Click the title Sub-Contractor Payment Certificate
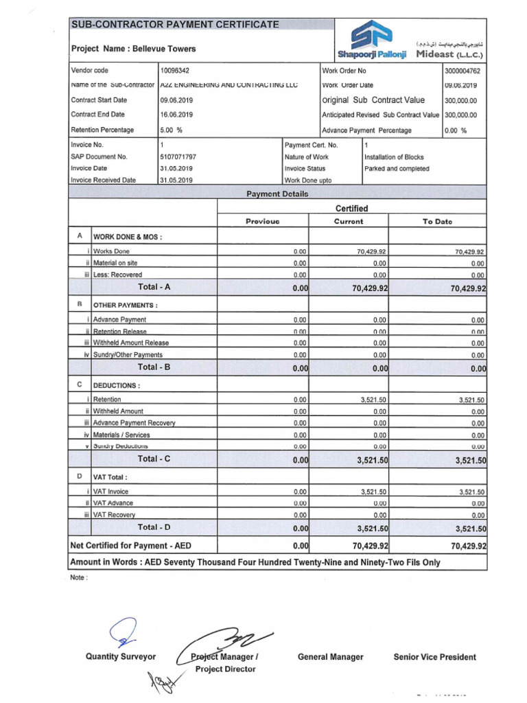click(x=175, y=25)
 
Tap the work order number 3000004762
click(x=463, y=71)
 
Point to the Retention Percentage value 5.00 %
click(x=171, y=130)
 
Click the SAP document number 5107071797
click(x=178, y=157)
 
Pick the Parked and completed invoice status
click(x=397, y=168)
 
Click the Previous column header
click(x=263, y=222)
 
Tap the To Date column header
click(x=437, y=222)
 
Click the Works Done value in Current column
click(x=372, y=252)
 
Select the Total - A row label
click(x=154, y=287)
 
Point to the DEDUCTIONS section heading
click(x=117, y=386)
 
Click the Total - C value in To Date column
click(x=470, y=461)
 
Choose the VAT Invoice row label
click(x=110, y=492)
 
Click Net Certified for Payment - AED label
click(x=131, y=546)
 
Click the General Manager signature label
click(x=330, y=657)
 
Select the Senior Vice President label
click(x=434, y=657)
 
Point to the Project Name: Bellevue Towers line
click(x=134, y=49)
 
